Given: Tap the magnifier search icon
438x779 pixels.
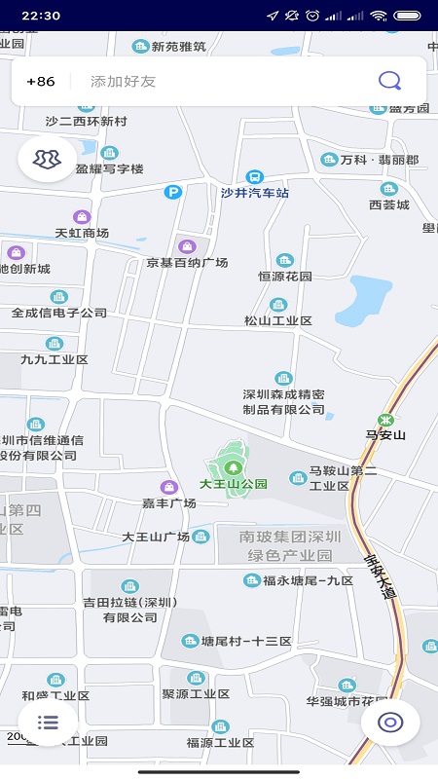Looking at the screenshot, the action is (x=389, y=81).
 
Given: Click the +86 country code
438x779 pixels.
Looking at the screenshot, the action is (x=41, y=82).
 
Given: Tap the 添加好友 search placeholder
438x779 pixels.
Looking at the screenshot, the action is (x=123, y=82).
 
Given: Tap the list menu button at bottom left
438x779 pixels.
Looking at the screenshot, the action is (x=48, y=722).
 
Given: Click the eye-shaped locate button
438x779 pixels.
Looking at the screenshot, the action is (x=390, y=722).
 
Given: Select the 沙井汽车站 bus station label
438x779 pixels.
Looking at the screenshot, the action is (x=255, y=193).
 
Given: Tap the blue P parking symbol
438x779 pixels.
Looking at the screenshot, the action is (x=173, y=193).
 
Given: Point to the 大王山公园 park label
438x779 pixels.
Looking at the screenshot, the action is (x=234, y=483).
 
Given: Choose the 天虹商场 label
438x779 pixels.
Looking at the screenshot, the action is (x=82, y=233).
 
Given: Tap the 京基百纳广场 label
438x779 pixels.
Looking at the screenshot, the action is (x=187, y=262).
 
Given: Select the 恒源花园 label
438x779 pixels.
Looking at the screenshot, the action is (x=284, y=276).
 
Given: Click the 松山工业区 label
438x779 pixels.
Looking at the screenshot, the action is (x=278, y=320).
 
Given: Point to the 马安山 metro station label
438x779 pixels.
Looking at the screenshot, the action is (x=385, y=434).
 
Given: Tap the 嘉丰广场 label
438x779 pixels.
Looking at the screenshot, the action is (x=169, y=502).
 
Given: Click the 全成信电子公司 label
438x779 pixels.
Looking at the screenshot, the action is (x=59, y=313).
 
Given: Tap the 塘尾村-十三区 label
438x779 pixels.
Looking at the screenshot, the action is (x=245, y=641).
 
